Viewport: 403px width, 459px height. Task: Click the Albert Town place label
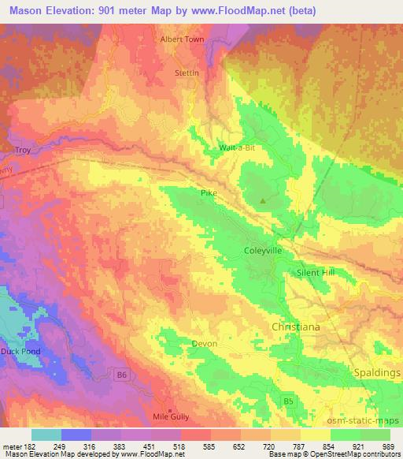[x=182, y=39]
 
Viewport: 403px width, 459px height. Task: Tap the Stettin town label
[x=187, y=73]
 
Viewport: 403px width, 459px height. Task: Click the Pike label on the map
[x=208, y=192]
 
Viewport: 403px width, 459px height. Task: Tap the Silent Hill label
[x=316, y=272]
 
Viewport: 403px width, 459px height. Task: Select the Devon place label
[x=204, y=343]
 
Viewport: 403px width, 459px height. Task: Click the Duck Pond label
[x=20, y=351]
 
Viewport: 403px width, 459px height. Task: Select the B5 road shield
[x=289, y=403]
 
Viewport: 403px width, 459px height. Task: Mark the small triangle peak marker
[x=263, y=200]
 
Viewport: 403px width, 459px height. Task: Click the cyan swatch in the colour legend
[x=46, y=435]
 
